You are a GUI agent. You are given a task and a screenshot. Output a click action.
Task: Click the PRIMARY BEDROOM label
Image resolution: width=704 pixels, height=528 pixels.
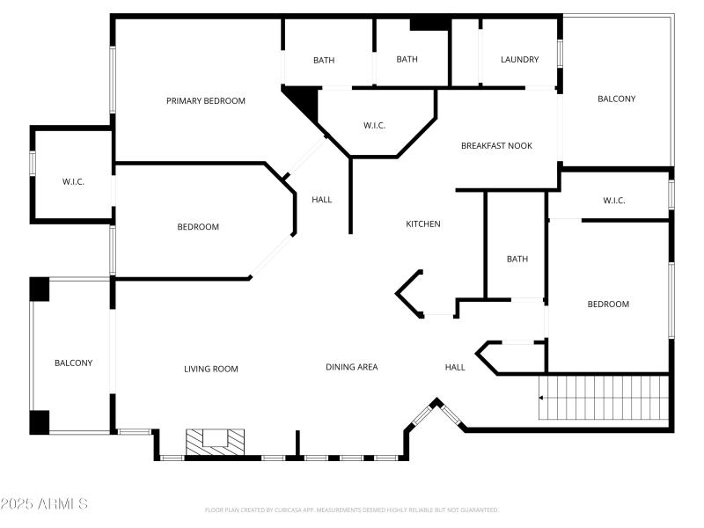pos(206,101)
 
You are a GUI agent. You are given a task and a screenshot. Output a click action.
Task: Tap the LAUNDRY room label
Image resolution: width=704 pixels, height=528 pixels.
pos(519,60)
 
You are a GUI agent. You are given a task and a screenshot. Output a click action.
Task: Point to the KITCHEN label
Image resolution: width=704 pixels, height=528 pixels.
pos(422,224)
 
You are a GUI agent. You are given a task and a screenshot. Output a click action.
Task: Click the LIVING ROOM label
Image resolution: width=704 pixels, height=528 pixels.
pos(211,369)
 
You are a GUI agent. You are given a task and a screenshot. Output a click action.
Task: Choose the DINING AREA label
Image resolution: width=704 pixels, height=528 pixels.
pos(352,367)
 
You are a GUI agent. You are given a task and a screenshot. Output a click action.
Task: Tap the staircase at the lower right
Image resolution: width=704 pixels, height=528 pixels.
pos(604,399)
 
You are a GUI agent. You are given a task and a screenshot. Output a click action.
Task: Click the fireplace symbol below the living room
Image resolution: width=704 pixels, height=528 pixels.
pos(215,441)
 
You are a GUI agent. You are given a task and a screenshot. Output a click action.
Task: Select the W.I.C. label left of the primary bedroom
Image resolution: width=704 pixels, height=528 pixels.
pos(73,182)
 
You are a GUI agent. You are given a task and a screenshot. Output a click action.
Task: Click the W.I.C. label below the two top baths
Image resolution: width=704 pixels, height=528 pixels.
pos(374,126)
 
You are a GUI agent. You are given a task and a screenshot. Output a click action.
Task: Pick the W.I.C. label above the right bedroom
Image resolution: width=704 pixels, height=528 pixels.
pos(614,201)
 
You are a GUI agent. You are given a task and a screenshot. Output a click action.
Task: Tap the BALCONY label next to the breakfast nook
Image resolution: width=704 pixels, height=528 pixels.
pos(616,99)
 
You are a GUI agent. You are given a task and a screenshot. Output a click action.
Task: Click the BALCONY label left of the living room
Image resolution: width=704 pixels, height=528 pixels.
pos(73,363)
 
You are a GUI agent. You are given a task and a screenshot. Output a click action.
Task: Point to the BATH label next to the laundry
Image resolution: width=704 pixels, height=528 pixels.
pos(407,60)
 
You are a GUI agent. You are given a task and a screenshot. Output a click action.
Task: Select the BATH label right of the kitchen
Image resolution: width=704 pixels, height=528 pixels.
pos(517,259)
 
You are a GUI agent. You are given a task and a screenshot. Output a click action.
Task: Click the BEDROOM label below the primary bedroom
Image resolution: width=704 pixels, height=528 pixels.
pos(198,227)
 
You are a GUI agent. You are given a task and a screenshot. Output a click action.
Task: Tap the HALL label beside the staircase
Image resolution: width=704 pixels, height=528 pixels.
pos(455,367)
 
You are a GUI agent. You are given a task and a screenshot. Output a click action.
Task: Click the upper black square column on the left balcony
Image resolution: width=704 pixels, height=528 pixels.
pos(40,290)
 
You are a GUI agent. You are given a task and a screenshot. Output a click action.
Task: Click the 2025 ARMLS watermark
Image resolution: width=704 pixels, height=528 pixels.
pos(44,504)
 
